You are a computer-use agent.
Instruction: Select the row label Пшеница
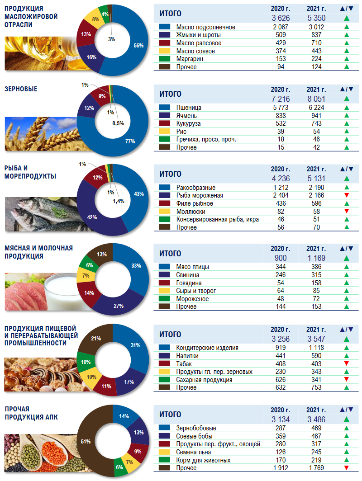pos(189,108)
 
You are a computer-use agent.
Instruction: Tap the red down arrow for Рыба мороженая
pos(346,195)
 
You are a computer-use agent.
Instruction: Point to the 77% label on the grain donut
pos(130,141)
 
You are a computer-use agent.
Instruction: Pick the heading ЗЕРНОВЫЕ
pos(21,89)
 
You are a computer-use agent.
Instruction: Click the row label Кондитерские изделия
pos(207,348)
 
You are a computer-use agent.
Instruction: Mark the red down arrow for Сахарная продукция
pos(346,379)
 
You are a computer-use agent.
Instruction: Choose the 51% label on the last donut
pos(85,441)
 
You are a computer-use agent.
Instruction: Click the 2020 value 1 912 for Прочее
pos(281,468)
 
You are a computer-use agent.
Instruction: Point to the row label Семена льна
pos(195,452)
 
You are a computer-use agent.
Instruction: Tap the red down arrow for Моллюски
pos(346,211)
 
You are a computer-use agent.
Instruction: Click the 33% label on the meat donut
pos(136,266)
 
